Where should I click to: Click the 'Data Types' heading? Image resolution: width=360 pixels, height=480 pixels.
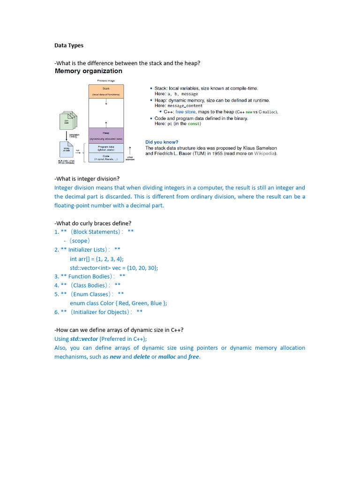coord(69,45)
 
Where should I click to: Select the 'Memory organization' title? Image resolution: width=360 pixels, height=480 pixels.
coord(89,71)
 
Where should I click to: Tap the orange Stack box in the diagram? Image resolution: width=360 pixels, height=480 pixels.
coord(106,91)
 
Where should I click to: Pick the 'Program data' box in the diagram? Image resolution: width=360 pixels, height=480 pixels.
coord(106,148)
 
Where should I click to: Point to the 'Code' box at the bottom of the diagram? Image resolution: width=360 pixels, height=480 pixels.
coord(106,157)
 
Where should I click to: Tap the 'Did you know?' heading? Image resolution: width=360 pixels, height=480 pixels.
coord(162,142)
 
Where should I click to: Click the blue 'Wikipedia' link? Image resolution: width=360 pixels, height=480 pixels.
coord(265,153)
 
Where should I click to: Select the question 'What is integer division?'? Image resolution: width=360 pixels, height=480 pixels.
coord(87,179)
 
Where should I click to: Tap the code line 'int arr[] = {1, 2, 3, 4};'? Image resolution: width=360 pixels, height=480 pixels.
coord(97,259)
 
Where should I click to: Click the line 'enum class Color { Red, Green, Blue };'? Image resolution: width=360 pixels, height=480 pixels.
coord(118,303)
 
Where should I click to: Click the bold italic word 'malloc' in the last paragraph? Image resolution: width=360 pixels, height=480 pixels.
coord(167,357)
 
